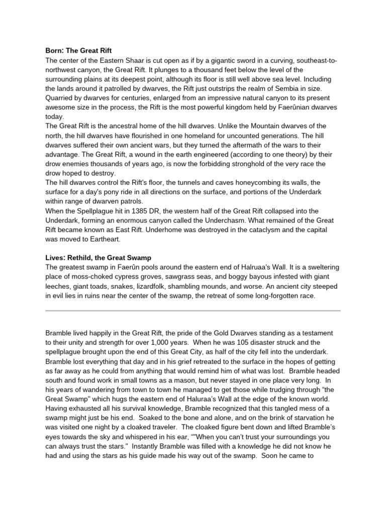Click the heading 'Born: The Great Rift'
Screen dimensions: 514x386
78,51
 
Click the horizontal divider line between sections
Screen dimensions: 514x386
193,311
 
